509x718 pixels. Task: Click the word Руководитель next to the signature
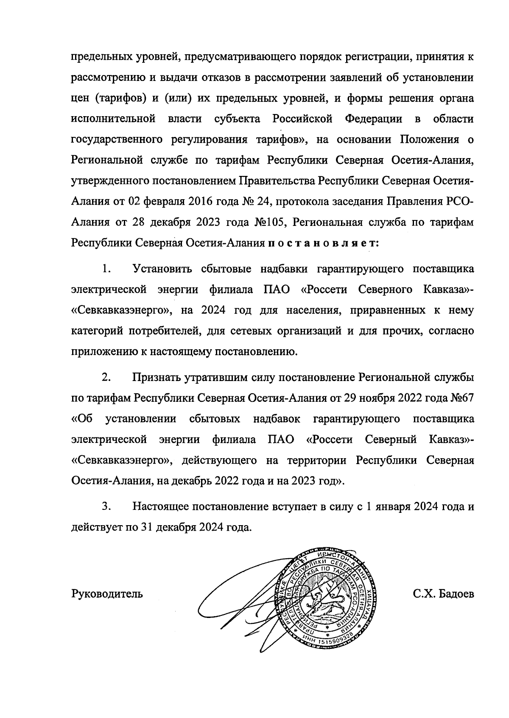pyautogui.click(x=107, y=594)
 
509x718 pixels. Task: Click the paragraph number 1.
pyautogui.click(x=106, y=269)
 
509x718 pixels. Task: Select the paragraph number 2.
pyautogui.click(x=106, y=377)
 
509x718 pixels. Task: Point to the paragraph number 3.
pyautogui.click(x=106, y=506)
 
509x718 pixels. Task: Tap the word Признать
pyautogui.click(x=157, y=377)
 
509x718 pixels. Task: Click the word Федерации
pyautogui.click(x=373, y=119)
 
